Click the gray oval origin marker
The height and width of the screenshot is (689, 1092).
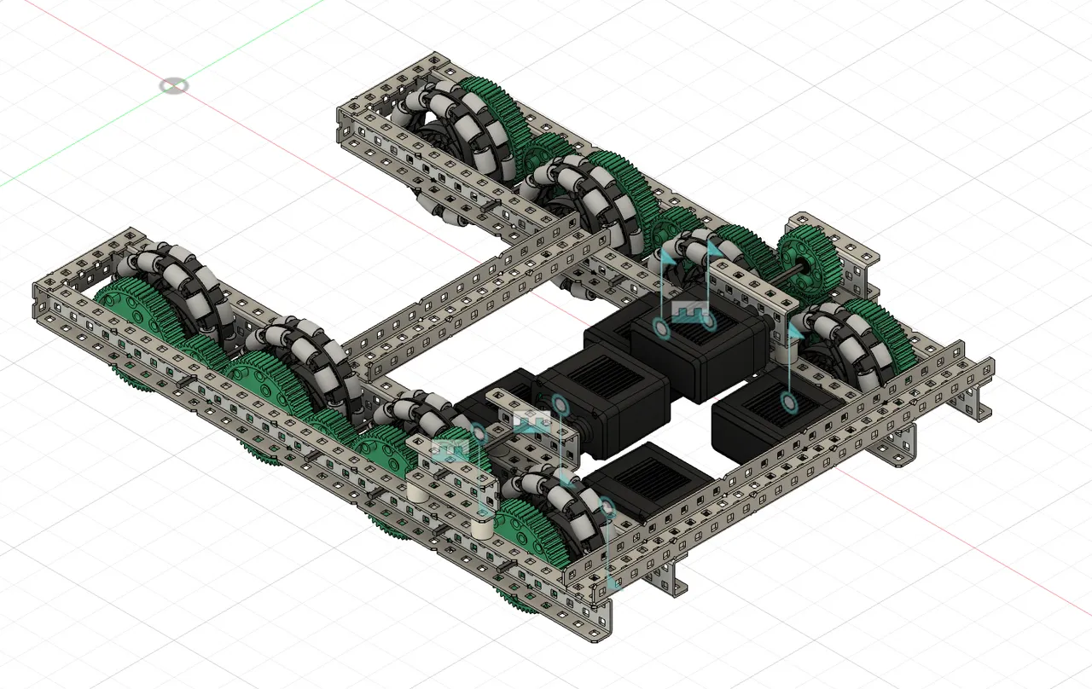tap(174, 85)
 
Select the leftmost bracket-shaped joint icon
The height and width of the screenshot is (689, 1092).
tap(450, 449)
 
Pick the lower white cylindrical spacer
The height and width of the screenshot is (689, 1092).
tap(481, 530)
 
